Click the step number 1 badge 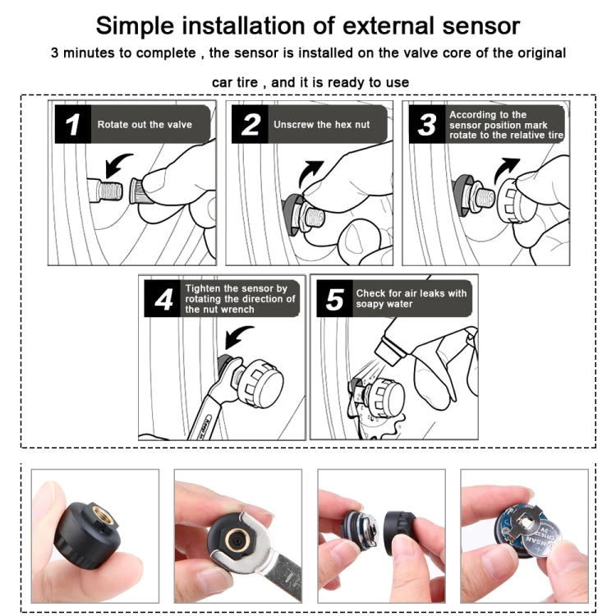point(73,124)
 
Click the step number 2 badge point(251,124)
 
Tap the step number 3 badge point(427,124)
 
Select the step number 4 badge point(163,299)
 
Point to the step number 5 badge point(334,299)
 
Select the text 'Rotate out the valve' point(145,125)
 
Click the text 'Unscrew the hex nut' point(322,125)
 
